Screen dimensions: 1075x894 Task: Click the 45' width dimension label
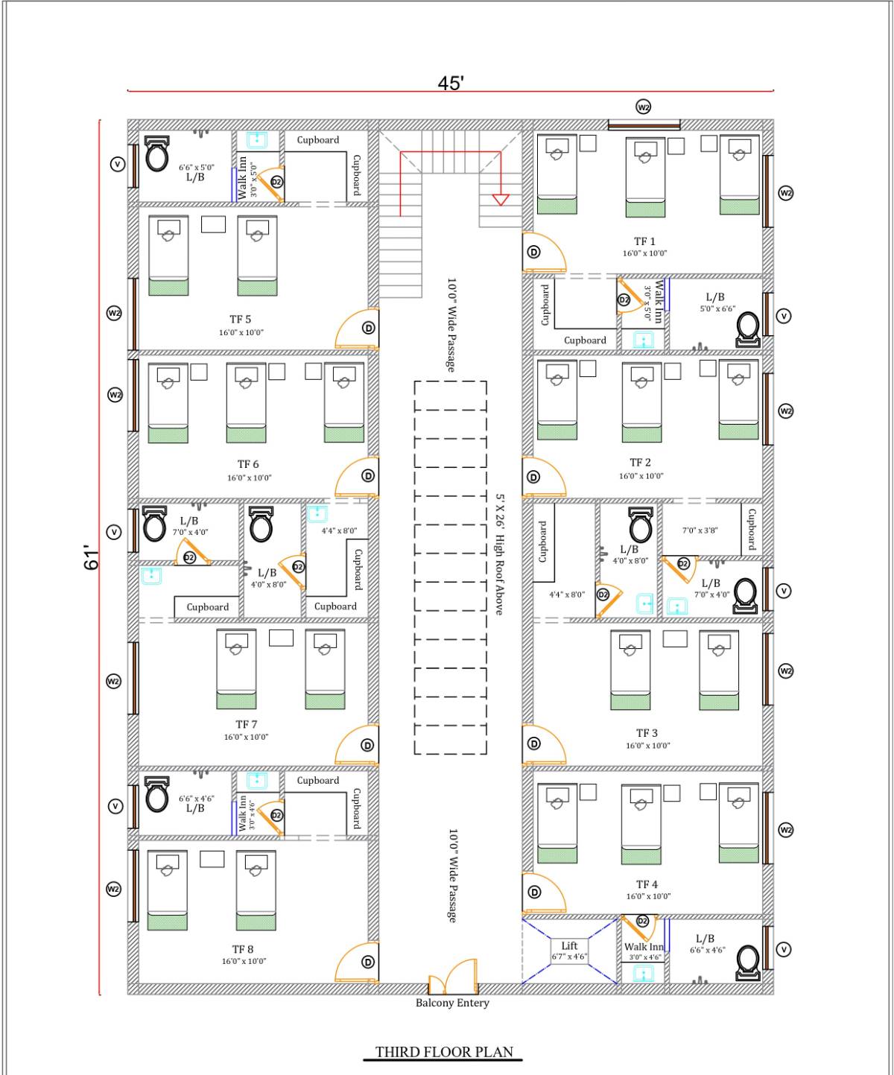[x=451, y=83]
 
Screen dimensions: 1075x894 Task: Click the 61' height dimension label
[x=91, y=557]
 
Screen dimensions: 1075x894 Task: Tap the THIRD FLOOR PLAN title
[x=444, y=1052]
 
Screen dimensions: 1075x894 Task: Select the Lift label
[x=569, y=945]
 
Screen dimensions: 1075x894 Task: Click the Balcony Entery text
[x=452, y=1003]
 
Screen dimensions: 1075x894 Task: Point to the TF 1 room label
[x=644, y=241]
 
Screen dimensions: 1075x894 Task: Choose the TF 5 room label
[x=240, y=320]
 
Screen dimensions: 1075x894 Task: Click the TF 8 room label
[x=243, y=949]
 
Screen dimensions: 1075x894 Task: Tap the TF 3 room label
[x=647, y=733]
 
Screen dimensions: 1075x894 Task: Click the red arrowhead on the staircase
[x=501, y=199]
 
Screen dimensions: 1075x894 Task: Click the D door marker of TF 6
[x=368, y=476]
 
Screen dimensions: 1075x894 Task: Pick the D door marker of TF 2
[x=533, y=478]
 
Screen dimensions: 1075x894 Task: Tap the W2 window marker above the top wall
[x=644, y=107]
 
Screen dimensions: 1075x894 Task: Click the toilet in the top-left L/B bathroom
[x=156, y=154]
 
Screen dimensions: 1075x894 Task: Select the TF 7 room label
[x=246, y=724]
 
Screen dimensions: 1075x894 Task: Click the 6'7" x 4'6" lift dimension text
[x=569, y=957]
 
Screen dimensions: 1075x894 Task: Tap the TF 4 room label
[x=647, y=884]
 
